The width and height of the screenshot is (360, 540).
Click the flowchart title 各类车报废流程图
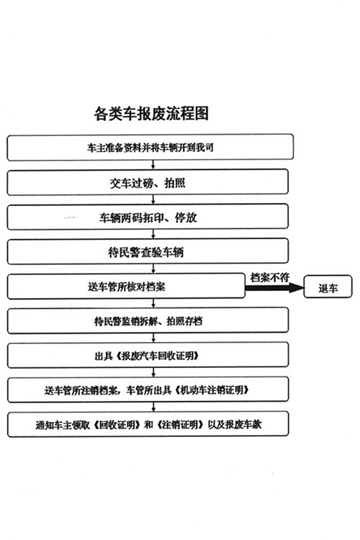pyautogui.click(x=151, y=113)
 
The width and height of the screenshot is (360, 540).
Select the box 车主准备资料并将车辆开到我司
pyautogui.click(x=150, y=148)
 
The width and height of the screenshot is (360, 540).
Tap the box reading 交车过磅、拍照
pyautogui.click(x=148, y=182)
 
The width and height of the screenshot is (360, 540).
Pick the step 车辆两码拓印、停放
pyautogui.click(x=148, y=217)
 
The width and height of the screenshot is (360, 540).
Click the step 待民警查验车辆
pyautogui.click(x=148, y=252)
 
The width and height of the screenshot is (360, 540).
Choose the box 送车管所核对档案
pyautogui.click(x=126, y=286)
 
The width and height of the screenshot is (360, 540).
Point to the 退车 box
pyautogui.click(x=328, y=287)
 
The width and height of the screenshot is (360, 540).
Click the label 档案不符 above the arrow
pyautogui.click(x=270, y=278)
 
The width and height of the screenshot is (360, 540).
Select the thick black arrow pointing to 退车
pyautogui.click(x=274, y=287)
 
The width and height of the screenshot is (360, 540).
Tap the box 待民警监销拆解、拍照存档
pyautogui.click(x=148, y=320)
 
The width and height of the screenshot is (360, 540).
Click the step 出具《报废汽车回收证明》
pyautogui.click(x=148, y=355)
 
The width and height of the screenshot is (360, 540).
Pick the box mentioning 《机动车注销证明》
pyautogui.click(x=148, y=390)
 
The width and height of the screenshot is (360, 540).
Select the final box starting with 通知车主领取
pyautogui.click(x=148, y=424)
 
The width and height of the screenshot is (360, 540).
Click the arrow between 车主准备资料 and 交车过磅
pyautogui.click(x=153, y=165)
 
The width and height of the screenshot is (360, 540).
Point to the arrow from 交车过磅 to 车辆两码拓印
pyautogui.click(x=153, y=199)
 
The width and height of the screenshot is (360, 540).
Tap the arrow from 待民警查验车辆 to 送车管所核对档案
pyautogui.click(x=153, y=269)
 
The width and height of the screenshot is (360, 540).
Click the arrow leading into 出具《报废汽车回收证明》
pyautogui.click(x=153, y=338)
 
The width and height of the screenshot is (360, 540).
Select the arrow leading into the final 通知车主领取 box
pyautogui.click(x=153, y=407)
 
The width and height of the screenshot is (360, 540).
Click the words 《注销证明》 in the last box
pyautogui.click(x=179, y=425)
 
